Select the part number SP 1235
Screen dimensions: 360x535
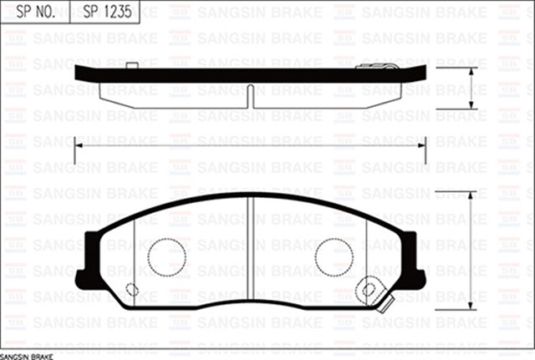click(x=107, y=13)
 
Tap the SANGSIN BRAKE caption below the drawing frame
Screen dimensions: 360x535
click(x=26, y=356)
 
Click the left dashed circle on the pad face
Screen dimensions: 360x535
click(x=166, y=256)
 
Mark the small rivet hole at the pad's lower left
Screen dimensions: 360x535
click(x=131, y=290)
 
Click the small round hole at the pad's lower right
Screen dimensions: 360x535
click(x=369, y=290)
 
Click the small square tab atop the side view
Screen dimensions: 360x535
click(x=130, y=65)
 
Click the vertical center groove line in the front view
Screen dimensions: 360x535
click(x=250, y=251)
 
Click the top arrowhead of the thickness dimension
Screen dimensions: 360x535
click(x=473, y=71)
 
